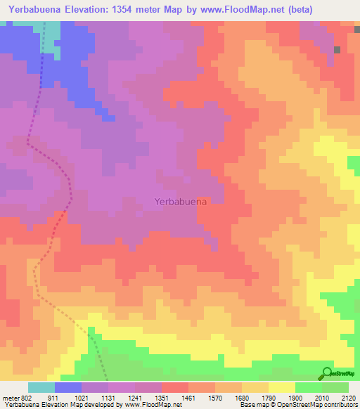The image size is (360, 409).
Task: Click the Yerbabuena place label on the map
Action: [x=180, y=201]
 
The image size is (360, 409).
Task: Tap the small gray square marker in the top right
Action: [x=337, y=49]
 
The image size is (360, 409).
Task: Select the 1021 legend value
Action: [x=81, y=398]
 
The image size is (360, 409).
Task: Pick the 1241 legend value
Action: [x=134, y=398]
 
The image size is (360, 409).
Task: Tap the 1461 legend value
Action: [x=188, y=398]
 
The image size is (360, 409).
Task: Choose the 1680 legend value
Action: [x=241, y=398]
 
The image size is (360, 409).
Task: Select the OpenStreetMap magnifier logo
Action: [x=327, y=373]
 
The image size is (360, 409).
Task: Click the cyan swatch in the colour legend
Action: [x=41, y=387]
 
